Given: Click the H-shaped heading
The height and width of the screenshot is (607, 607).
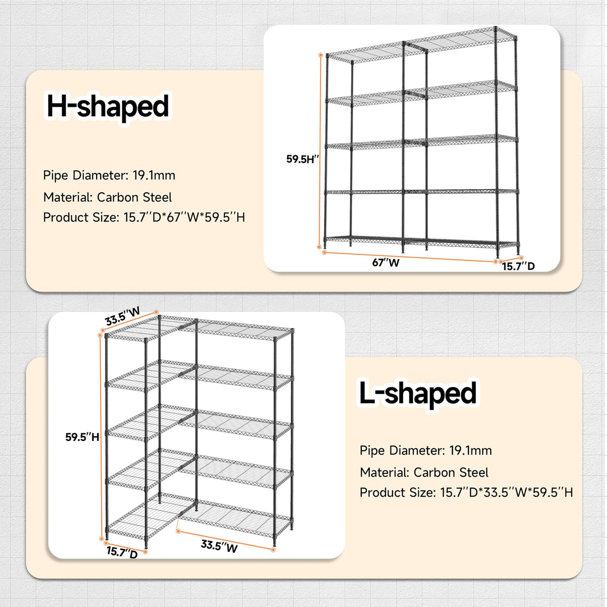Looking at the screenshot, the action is pos(108,107).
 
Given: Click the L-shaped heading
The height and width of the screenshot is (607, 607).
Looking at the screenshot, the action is pos(418,394).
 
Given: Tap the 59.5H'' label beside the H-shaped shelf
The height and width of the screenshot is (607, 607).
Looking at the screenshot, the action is pos(302,159).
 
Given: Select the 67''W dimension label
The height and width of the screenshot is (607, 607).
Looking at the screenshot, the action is pos(385,263).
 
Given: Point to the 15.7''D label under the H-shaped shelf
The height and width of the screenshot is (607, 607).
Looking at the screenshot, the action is pos(518,267).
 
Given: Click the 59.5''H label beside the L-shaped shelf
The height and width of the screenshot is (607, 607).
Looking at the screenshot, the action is pos(82,437).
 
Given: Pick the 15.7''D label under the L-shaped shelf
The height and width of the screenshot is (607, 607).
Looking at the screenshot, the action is pos(122,552).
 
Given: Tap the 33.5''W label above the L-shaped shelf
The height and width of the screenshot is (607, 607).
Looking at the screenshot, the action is pos(122,316).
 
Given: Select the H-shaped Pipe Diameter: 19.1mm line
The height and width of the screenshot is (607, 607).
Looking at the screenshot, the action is pos(109,176).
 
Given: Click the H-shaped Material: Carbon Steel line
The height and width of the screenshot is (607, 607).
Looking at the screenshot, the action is pos(107,197).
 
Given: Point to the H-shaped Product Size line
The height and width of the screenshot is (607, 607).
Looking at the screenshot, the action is pos(144,218).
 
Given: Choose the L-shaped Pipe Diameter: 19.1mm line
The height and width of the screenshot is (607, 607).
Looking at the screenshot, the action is pos(425,451).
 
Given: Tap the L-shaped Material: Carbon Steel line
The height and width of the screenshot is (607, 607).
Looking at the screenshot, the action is pos(424,472).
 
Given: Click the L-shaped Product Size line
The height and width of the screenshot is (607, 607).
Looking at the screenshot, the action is pos(466,492).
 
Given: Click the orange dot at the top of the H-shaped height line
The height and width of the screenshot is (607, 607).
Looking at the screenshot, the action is pos(321,55).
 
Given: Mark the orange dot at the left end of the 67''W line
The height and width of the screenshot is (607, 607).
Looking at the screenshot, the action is pos(324,252).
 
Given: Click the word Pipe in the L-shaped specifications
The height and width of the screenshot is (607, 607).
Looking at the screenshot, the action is pos(372,451).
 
